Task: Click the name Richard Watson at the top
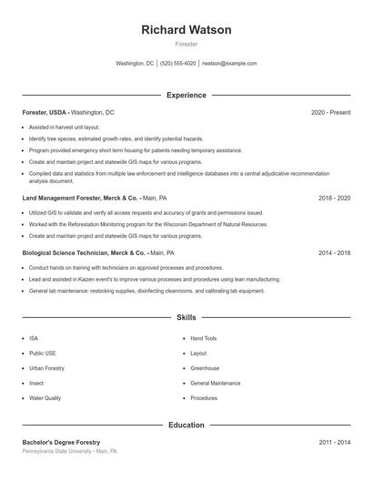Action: coord(186,30)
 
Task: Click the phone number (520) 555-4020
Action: coord(178,64)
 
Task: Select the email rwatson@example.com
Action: coord(229,64)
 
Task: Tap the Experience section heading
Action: coord(186,95)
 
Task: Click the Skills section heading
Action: coord(186,317)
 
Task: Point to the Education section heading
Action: coord(186,425)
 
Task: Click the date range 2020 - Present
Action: coord(330,112)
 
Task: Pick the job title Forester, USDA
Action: coord(44,112)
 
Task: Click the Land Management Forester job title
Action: coord(80,197)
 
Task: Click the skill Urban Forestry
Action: coord(47,368)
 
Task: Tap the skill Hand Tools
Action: coord(204,338)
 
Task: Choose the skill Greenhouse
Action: coord(205,368)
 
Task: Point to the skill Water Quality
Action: coord(45,398)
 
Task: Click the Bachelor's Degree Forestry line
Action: coord(61,442)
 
